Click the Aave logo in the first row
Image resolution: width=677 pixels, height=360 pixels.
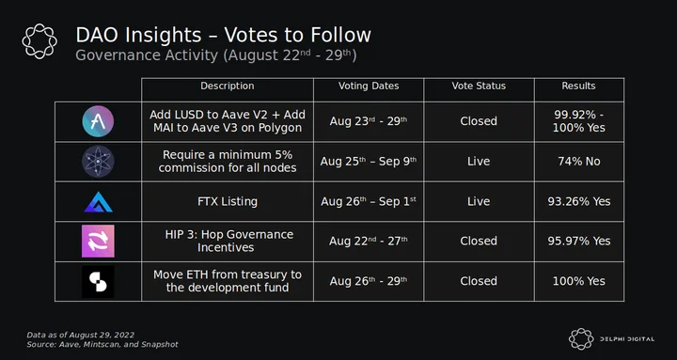pos(98,121)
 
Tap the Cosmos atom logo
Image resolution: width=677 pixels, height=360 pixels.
pos(98,162)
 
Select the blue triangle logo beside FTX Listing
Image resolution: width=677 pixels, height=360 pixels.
pos(98,201)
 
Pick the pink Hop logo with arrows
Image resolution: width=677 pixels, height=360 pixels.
pos(98,241)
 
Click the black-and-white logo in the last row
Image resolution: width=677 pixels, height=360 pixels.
pos(98,281)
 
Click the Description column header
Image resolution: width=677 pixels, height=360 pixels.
pos(228,86)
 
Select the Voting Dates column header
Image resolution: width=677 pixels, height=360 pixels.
pos(369,86)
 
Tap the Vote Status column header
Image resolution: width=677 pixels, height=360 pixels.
pos(479,86)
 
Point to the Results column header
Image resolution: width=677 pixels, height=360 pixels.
pos(578,86)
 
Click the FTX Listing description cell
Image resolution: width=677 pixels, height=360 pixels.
pos(228,201)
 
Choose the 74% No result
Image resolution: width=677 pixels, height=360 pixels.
pos(579,162)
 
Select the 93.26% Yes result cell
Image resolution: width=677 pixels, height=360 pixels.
pos(579,201)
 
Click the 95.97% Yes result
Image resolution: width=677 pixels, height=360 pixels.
pos(579,241)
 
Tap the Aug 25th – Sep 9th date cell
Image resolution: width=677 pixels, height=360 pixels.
pos(369,162)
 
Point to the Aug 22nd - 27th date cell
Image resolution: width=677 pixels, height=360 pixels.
pos(369,241)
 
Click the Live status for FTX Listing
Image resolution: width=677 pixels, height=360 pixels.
pos(479,201)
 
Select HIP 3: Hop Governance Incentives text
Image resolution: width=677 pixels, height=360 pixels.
pos(228,241)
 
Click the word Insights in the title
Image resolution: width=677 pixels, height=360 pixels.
pos(160,36)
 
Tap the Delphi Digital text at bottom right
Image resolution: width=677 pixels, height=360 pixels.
pos(627,339)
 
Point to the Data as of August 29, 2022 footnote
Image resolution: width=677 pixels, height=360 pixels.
pos(81,335)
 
